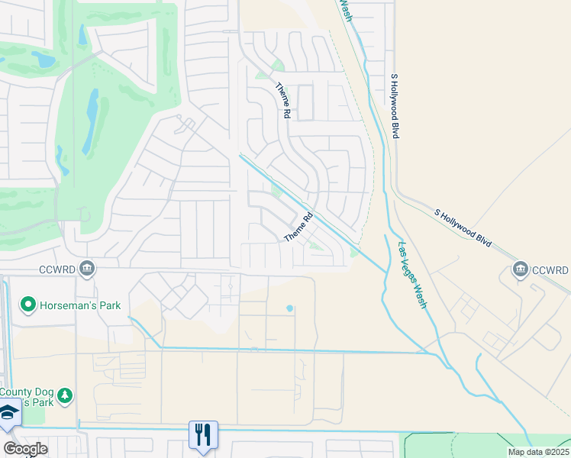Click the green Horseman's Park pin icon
pyautogui.click(x=28, y=305)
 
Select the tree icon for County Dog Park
pyautogui.click(x=66, y=394)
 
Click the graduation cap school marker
pyautogui.click(x=8, y=412)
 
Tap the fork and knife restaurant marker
pyautogui.click(x=203, y=434)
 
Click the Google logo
pyautogui.click(x=25, y=448)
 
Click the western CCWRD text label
pyautogui.click(x=57, y=269)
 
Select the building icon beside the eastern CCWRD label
pyautogui.click(x=521, y=269)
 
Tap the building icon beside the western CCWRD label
pyautogui.click(x=87, y=268)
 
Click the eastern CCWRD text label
pyautogui.click(x=550, y=270)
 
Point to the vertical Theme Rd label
pyautogui.click(x=283, y=100)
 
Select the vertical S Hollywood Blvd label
pyautogui.click(x=395, y=106)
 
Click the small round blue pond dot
pyautogui.click(x=289, y=308)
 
